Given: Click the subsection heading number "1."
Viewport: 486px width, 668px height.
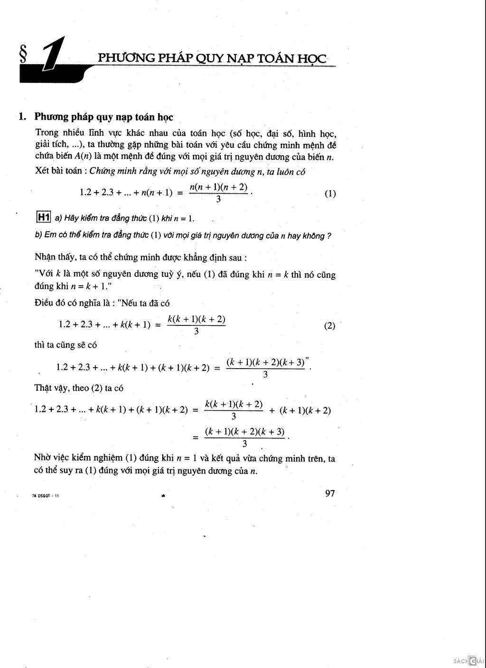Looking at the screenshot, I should click(22, 117).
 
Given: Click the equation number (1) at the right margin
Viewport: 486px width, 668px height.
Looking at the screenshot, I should click(330, 194).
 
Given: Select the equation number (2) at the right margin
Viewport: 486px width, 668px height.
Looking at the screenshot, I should click(329, 326).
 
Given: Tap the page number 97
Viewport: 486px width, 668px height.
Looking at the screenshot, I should click(330, 493).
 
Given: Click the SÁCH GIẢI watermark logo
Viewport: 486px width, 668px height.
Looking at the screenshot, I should click(468, 661).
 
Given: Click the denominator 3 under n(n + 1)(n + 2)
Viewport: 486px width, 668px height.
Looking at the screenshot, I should click(218, 199).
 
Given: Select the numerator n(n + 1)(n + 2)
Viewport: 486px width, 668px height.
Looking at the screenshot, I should click(218, 187).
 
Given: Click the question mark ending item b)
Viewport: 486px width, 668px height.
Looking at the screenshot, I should click(329, 236).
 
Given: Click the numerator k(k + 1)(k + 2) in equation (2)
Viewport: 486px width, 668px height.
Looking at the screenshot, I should click(196, 319).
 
